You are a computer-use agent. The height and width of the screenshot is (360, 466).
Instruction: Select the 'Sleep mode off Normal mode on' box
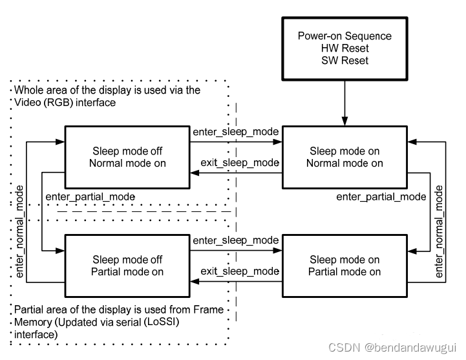tap(127, 157)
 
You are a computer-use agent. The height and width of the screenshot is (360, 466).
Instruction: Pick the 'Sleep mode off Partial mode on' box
tap(127, 266)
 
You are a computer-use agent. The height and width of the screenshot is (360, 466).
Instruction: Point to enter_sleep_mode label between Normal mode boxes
tap(235, 132)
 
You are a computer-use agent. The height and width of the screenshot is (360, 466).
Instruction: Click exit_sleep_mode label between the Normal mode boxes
tap(239, 163)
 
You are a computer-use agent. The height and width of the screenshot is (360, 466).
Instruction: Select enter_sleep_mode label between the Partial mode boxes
tap(235, 240)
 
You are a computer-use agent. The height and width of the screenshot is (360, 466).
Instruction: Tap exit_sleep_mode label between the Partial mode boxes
tap(239, 271)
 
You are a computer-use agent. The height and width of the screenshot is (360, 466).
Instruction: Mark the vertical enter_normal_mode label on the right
tap(440, 231)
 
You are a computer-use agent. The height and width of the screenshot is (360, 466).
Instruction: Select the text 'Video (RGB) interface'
tap(65, 103)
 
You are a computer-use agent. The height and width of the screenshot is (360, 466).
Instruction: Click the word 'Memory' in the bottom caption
tap(33, 323)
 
